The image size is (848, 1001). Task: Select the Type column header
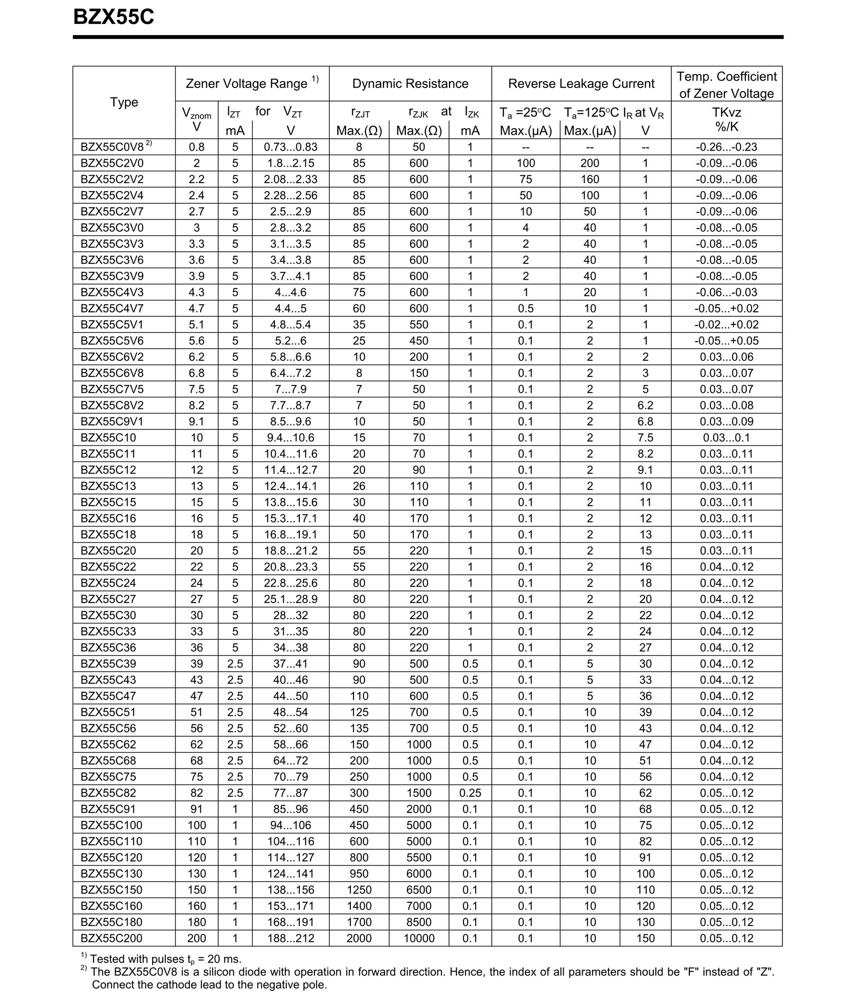click(x=124, y=102)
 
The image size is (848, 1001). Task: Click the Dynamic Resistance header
click(x=410, y=84)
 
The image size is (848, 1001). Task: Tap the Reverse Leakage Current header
click(x=581, y=84)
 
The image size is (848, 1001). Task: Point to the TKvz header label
click(x=726, y=113)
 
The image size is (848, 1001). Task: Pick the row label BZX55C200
click(x=112, y=938)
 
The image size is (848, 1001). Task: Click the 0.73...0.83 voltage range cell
click(x=290, y=147)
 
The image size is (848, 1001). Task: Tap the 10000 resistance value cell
click(x=418, y=938)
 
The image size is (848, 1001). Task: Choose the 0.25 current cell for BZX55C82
click(x=470, y=793)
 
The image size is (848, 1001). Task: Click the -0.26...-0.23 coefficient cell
click(x=726, y=147)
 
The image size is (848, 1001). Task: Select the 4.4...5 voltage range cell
click(x=290, y=308)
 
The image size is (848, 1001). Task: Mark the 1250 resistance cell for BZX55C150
click(x=359, y=889)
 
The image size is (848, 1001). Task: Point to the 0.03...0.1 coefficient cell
click(x=726, y=437)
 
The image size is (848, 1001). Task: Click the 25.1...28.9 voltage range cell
click(x=290, y=599)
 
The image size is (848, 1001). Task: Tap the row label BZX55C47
click(x=108, y=696)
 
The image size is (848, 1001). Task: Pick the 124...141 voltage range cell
click(x=290, y=873)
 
